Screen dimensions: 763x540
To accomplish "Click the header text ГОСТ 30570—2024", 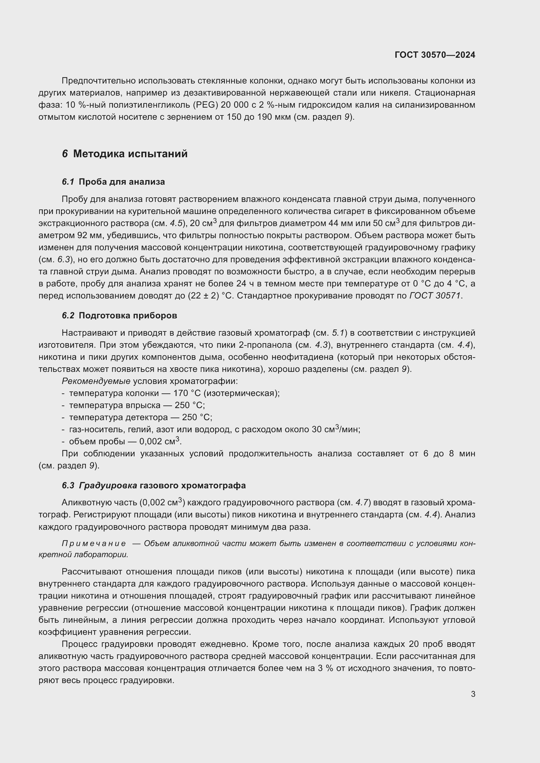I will (435, 55).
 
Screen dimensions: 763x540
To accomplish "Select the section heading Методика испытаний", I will (130, 154).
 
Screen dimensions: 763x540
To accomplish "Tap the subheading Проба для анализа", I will (122, 182).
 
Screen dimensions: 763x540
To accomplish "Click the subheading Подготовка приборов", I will (128, 315).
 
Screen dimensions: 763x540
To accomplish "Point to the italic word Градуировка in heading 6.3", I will (108, 485).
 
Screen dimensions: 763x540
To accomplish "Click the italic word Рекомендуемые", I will (96, 381).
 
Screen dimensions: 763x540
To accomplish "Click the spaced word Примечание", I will (94, 544).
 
